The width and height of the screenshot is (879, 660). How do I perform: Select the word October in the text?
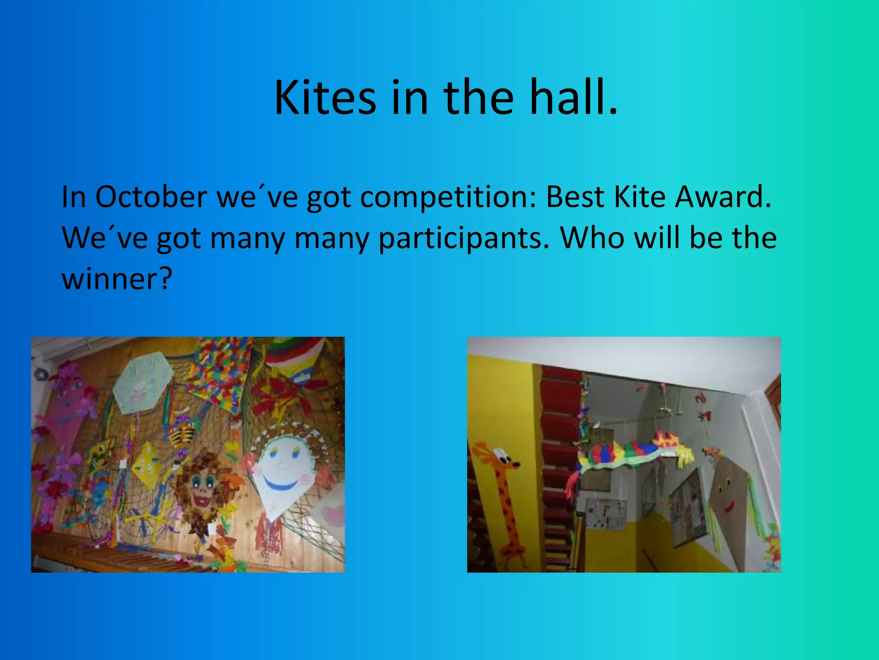151,197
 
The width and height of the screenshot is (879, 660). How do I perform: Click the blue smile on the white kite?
281,485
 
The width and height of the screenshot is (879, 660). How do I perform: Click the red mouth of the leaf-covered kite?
200,500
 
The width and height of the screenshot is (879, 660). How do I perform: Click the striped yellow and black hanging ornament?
180,434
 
